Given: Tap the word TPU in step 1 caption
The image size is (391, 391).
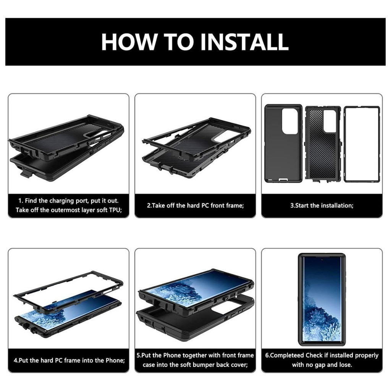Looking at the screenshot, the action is [x=115, y=210].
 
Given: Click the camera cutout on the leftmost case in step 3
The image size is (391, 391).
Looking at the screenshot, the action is [x=290, y=121].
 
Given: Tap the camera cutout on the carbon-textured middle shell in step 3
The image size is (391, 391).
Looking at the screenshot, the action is [x=330, y=121].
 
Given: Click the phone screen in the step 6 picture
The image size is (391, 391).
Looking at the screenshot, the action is [x=322, y=300].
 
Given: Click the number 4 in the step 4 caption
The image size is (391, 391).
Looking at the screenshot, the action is [x=15, y=360].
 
